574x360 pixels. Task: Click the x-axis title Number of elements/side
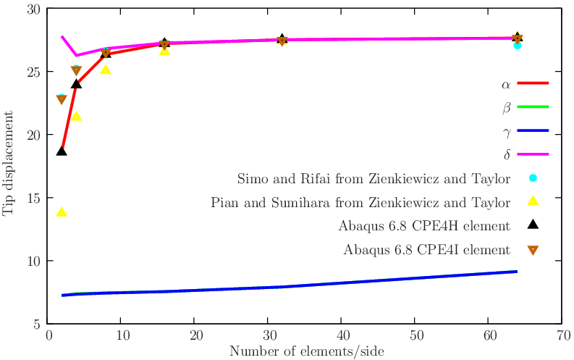pos(306,351)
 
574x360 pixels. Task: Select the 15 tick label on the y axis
pos(33,198)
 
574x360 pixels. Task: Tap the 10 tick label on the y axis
pos(33,261)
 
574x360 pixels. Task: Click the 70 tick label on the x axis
pos(561,336)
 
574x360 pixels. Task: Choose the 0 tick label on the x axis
pos(48,336)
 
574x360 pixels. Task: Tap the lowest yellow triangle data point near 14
pos(62,212)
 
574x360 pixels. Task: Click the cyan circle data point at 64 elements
pos(518,45)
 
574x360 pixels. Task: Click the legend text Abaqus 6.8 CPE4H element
pos(424,226)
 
